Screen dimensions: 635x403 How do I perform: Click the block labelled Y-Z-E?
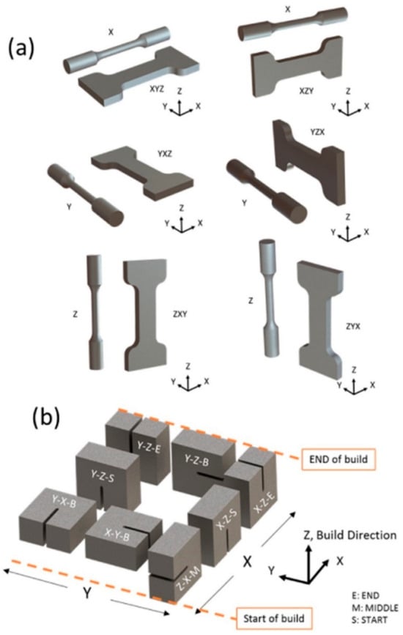[149, 445]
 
